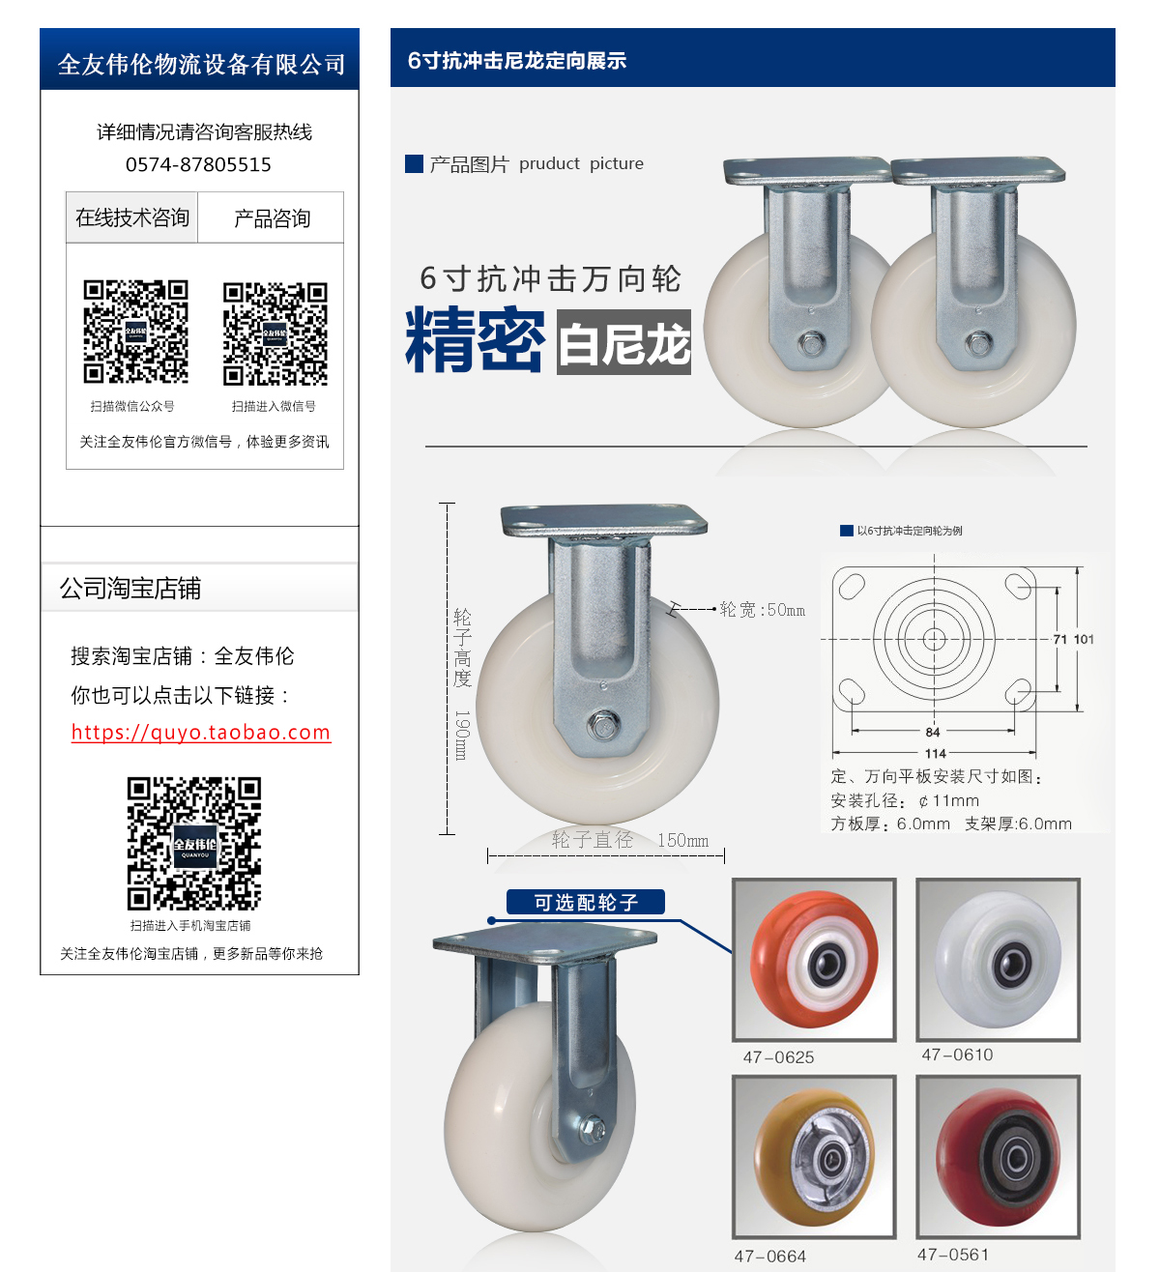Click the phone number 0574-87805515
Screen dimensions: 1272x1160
198,164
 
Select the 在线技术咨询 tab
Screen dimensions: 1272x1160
132,217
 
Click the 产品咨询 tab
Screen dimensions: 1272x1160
272,218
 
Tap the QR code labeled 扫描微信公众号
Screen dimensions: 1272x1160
135,332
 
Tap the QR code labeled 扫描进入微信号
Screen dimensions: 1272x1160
275,333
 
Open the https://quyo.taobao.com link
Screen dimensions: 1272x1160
201,733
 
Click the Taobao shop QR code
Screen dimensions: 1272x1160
194,844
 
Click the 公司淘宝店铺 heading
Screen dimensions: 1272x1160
130,589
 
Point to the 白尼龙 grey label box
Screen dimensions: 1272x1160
623,342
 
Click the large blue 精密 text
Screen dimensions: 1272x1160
475,340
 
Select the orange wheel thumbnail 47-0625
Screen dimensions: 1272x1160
814,959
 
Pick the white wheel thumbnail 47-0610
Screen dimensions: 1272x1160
998,959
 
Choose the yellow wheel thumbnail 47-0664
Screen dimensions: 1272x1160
814,1156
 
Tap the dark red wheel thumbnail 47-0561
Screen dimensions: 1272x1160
998,1156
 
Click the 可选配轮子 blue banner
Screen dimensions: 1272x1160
586,903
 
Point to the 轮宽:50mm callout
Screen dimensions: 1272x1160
762,610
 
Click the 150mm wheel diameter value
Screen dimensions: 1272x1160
682,841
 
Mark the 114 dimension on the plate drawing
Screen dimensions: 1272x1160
935,754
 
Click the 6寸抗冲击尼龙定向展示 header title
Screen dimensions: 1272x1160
517,61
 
